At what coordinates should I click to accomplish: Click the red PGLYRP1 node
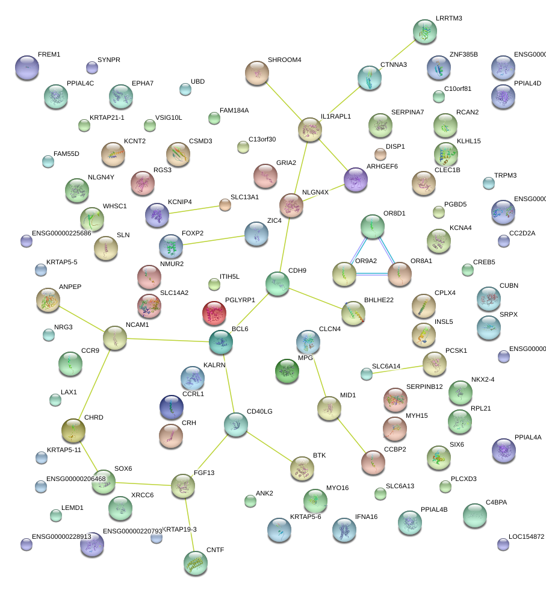click(x=214, y=313)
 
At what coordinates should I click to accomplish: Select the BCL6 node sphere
click(x=221, y=341)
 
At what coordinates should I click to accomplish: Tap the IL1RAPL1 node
click(x=310, y=129)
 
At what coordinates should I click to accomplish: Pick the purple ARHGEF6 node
click(x=356, y=179)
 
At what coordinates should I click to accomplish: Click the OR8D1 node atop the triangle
click(x=372, y=226)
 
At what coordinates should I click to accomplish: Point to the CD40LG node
click(x=235, y=424)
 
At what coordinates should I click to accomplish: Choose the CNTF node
click(x=195, y=562)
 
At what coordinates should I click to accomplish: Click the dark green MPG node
click(x=287, y=371)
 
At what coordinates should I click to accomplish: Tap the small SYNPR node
click(x=92, y=67)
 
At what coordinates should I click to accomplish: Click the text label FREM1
click(x=49, y=55)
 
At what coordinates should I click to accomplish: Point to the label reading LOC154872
click(x=526, y=536)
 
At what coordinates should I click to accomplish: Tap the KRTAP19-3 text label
click(x=179, y=529)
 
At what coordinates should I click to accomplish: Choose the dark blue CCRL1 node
click(x=171, y=408)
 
